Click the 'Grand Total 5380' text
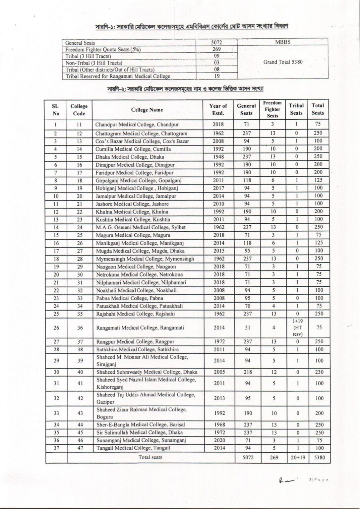click(x=283, y=62)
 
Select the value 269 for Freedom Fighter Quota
click(x=216, y=49)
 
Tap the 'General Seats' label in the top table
click(x=80, y=43)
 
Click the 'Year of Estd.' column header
click(x=218, y=110)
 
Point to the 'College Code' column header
click(x=79, y=110)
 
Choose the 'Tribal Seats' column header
click(x=296, y=109)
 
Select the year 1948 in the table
click(x=218, y=157)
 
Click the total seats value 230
click(x=319, y=372)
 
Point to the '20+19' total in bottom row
click(x=297, y=458)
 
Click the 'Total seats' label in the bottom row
click(x=150, y=457)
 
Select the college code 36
click(x=80, y=328)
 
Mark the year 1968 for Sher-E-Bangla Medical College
click(x=219, y=424)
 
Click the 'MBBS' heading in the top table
click(x=283, y=42)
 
